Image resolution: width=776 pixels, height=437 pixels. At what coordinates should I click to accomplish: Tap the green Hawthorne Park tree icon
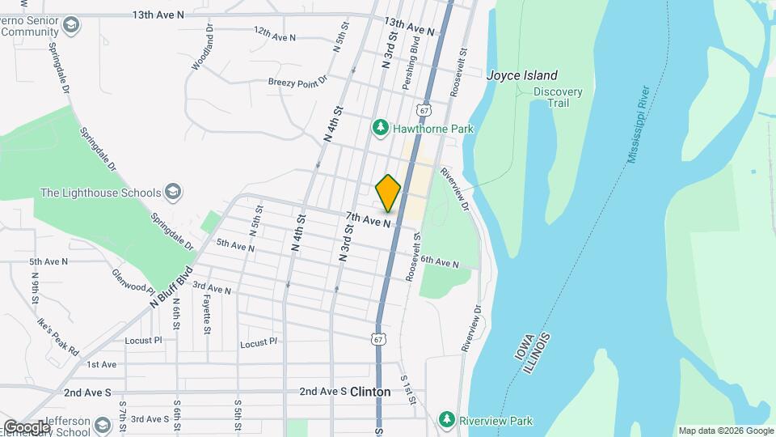coord(380,128)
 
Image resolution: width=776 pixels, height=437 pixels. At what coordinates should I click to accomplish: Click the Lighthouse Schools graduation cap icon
coord(172,193)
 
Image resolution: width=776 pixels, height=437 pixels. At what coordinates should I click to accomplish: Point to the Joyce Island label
coord(521,75)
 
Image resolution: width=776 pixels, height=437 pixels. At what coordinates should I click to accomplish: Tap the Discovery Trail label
coord(558,97)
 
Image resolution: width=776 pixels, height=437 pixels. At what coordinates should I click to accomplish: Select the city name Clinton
coord(370,392)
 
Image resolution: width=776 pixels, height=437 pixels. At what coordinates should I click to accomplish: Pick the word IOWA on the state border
coord(521,346)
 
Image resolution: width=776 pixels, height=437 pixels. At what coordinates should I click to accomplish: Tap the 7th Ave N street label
coord(369,218)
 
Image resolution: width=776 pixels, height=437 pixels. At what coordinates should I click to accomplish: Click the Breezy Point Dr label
coord(297,81)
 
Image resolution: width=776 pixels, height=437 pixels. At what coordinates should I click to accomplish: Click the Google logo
coord(26,426)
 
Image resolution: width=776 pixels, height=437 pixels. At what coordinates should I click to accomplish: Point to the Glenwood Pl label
coord(133,282)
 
